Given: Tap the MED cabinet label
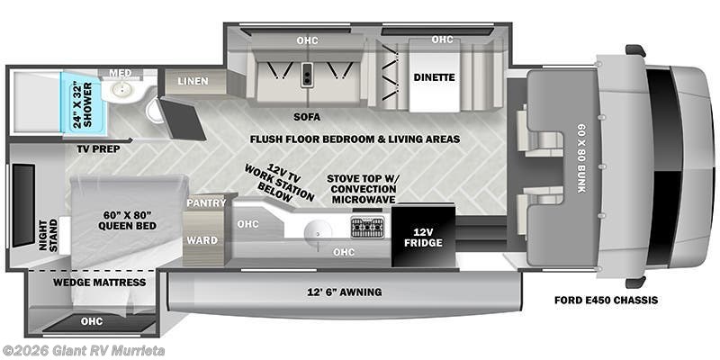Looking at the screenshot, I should (121, 72).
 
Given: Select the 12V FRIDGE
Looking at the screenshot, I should (421, 237).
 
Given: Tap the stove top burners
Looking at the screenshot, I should (366, 226).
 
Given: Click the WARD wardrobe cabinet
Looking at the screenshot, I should (201, 240).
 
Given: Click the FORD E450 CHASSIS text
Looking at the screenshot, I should (605, 299).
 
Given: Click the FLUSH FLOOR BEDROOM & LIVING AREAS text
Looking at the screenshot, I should (355, 139).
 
